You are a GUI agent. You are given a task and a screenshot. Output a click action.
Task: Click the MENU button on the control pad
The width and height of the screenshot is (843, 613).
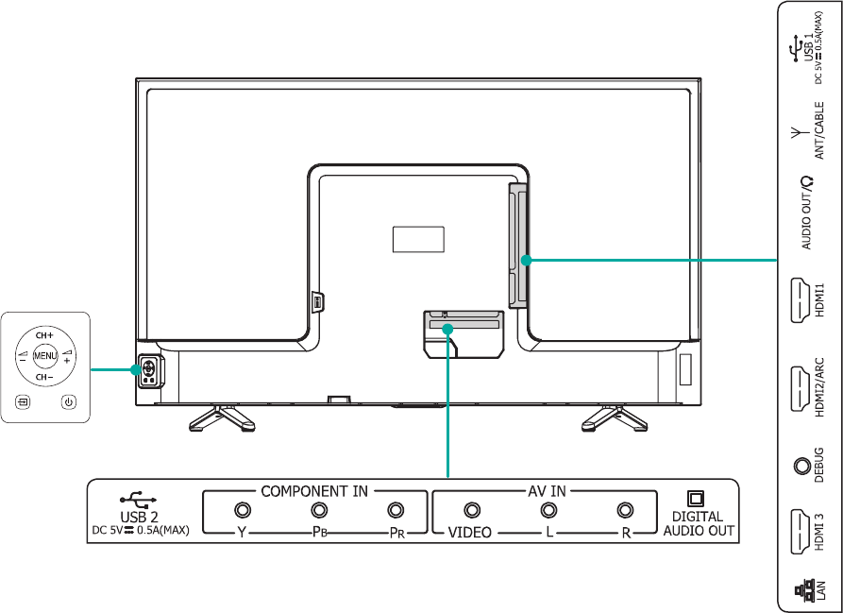tap(44, 356)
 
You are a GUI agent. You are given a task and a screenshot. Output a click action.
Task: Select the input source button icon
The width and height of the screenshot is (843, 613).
tap(22, 402)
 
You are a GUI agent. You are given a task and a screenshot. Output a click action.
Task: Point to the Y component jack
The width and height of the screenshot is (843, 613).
tap(242, 510)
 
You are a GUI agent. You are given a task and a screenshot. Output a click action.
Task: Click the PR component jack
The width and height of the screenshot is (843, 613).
tap(396, 510)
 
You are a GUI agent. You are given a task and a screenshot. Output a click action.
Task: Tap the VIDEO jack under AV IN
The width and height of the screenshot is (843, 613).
tap(469, 510)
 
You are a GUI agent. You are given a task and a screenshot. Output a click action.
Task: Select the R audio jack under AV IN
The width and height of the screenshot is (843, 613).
tap(624, 510)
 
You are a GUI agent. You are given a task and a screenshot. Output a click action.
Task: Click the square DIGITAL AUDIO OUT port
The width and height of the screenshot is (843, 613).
tap(698, 498)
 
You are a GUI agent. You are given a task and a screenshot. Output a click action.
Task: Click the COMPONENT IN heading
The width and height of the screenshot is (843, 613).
tap(314, 491)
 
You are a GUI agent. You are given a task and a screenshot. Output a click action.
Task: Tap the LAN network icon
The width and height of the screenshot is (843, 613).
tap(801, 593)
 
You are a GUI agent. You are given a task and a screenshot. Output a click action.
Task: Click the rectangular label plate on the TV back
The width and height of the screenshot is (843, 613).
tap(417, 240)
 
